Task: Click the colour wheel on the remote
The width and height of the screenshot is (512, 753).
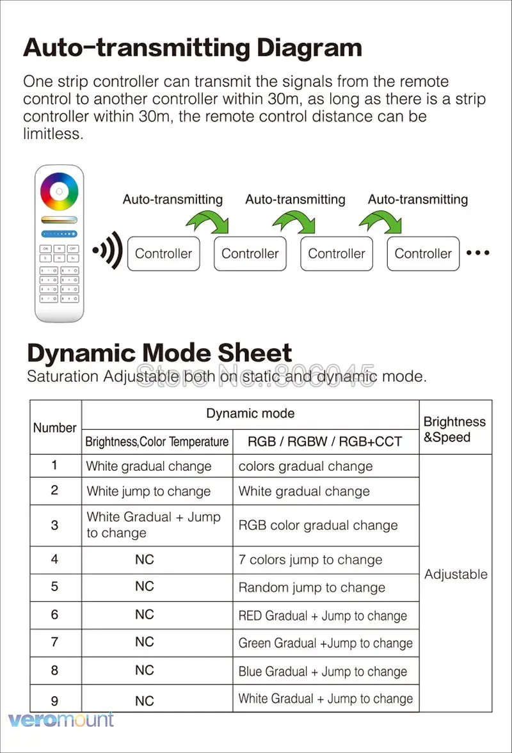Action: click(59, 191)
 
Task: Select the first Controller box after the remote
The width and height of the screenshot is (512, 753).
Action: click(164, 253)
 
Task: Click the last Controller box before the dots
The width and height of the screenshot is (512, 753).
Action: click(423, 253)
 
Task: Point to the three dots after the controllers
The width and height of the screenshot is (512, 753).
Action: click(478, 253)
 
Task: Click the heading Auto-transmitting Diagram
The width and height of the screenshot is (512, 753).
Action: click(192, 48)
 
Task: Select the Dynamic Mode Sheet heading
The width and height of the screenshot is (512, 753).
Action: click(159, 353)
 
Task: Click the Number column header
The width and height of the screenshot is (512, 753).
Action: click(55, 428)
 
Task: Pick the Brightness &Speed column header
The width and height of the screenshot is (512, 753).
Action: click(454, 429)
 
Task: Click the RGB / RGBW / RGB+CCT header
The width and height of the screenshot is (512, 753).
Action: click(325, 441)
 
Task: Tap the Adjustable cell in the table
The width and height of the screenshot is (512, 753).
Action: click(456, 575)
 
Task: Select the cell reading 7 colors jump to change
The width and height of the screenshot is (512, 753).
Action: click(310, 560)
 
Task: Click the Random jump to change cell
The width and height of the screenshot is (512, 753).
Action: click(312, 588)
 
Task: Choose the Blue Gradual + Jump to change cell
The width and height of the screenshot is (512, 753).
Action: click(323, 672)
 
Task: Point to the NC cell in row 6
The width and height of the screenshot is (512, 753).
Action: click(145, 615)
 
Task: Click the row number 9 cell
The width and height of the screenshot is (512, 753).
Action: click(54, 701)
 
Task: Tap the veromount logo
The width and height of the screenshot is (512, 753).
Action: click(61, 720)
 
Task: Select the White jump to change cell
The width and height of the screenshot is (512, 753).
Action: click(148, 492)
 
